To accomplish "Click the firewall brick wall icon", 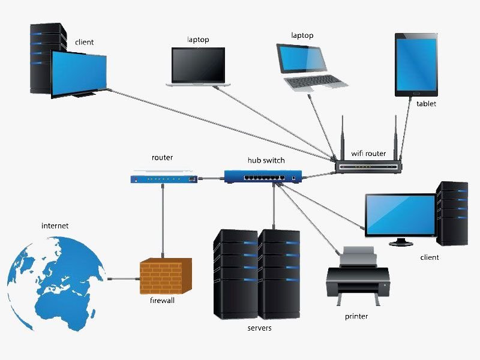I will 166,276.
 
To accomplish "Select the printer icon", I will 358,276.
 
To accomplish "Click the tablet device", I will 416,65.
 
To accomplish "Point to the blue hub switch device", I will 263,176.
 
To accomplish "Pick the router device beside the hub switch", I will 163,178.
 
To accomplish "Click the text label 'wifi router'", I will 368,154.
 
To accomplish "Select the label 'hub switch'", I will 266,160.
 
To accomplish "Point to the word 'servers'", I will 259,328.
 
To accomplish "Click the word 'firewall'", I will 162,301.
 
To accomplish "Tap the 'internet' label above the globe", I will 55,226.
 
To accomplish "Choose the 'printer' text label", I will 356,316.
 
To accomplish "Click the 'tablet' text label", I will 426,104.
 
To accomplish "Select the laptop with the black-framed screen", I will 198,66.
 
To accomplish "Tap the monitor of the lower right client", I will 401,214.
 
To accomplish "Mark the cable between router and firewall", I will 162,222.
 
